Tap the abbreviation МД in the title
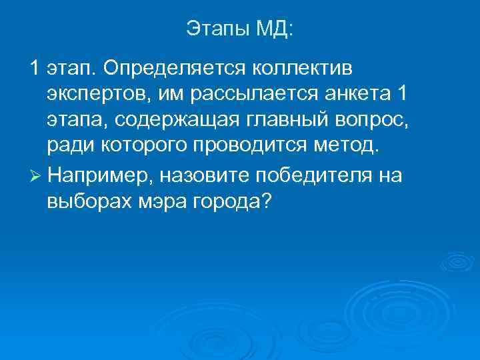(x=273, y=28)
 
